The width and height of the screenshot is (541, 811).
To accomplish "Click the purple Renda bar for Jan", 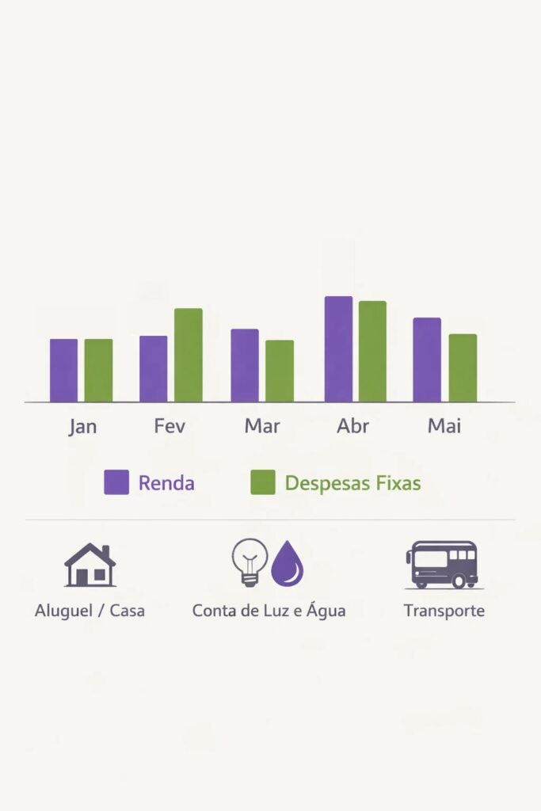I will [63, 371].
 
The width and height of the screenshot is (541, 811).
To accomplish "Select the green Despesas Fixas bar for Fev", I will [189, 355].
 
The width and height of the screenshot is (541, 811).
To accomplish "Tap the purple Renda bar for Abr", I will [338, 349].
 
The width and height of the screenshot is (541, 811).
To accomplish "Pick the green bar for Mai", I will [463, 368].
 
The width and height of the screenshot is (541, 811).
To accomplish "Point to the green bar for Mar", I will [280, 371].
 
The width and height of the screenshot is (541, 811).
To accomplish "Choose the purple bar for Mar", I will [245, 365].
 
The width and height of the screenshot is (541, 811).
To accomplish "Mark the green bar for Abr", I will [372, 352].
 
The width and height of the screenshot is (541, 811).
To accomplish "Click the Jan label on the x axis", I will [82, 426].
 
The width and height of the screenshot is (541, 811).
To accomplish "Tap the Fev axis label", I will [170, 426].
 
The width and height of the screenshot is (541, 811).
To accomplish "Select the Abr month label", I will [352, 426].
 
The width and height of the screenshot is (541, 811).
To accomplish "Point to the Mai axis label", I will [444, 426].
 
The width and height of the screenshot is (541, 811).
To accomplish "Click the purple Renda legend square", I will [116, 482].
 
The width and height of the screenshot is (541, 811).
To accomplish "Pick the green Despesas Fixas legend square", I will [263, 482].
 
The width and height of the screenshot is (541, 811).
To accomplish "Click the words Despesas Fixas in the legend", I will [352, 483].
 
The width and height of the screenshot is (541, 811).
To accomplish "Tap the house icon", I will [90, 565].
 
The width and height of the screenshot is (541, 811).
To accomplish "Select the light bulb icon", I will [250, 562].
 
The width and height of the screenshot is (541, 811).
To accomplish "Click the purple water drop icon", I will [288, 565].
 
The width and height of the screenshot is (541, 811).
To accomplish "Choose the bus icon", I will [441, 565].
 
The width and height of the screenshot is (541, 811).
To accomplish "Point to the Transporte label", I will [444, 611].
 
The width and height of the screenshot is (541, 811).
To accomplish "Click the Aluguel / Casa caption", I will [90, 611].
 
